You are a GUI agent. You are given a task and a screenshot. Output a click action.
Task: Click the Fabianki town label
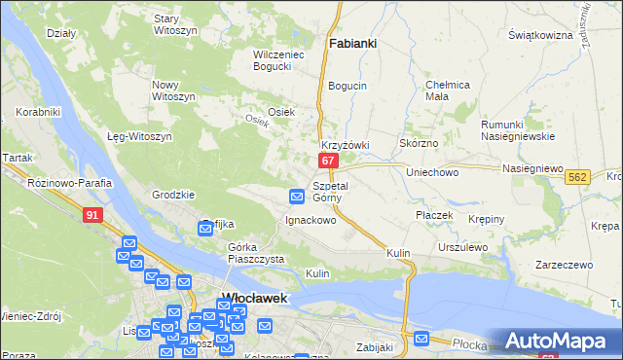353,44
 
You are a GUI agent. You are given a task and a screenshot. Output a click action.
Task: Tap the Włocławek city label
254,298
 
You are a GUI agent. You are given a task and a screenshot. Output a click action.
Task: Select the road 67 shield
329,160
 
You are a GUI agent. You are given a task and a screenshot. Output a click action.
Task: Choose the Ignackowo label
310,220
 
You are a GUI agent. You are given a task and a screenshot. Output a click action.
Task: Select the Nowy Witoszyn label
173,90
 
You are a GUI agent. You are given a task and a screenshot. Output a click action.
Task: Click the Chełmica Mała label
450,90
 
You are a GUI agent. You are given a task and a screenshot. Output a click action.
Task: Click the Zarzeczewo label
564,265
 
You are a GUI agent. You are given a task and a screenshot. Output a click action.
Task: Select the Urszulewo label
461,247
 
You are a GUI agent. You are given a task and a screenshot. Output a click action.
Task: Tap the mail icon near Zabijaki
421,339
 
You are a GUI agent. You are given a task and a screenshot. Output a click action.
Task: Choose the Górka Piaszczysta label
255,253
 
